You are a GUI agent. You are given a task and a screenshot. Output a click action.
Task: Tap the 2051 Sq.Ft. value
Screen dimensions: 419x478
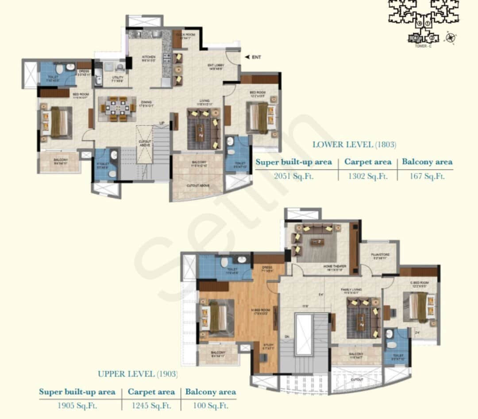[x=293, y=176]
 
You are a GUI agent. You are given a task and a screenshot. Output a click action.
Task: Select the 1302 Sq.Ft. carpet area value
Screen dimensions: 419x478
[x=368, y=176]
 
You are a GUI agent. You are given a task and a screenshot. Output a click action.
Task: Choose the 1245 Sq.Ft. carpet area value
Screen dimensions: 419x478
[x=151, y=405]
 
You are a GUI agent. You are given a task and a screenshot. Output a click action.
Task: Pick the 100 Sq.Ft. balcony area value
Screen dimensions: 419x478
[x=210, y=405]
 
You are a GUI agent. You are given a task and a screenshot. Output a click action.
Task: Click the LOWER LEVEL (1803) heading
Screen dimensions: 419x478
[x=354, y=144]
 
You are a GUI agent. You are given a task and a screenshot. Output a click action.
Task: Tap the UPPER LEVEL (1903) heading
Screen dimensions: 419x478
[x=138, y=374]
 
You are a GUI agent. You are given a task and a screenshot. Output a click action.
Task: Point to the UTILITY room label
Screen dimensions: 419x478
[x=117, y=78]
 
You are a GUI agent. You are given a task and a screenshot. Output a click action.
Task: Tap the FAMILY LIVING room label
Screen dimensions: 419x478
[x=352, y=290]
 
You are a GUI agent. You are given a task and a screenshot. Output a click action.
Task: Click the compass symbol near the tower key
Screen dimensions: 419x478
[x=451, y=38]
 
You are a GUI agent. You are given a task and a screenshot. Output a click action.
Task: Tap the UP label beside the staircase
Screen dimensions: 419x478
[x=162, y=123]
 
